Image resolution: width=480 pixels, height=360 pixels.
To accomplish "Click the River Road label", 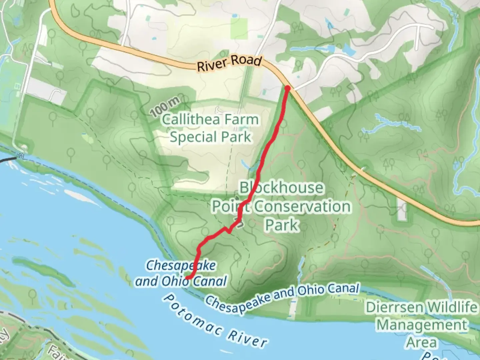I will tap(229, 63).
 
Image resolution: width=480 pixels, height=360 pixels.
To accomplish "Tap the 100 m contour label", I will tap(165, 108).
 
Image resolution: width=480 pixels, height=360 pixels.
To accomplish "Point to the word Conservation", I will tap(303, 207).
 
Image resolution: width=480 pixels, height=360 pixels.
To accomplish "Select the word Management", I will tap(422, 325).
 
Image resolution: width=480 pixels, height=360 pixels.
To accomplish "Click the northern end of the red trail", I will tap(287, 88).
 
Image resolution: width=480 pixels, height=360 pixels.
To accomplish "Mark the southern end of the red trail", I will tap(188, 277).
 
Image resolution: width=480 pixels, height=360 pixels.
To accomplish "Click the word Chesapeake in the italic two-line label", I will tap(181, 266).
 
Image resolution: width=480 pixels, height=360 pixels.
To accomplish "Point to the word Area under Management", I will tap(421, 343).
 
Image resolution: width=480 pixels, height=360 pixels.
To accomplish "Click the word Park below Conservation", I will tap(282, 225).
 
